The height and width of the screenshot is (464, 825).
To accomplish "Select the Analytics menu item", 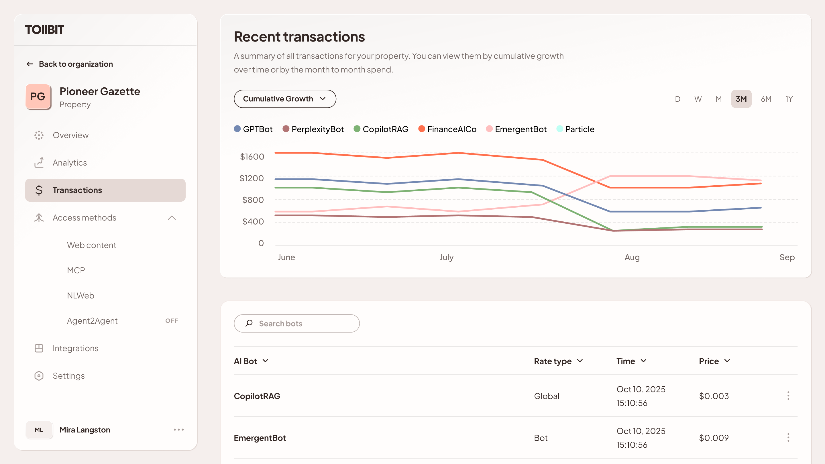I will (x=70, y=163).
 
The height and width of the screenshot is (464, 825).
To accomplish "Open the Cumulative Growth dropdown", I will (x=285, y=99).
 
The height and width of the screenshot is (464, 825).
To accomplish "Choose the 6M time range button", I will (x=766, y=99).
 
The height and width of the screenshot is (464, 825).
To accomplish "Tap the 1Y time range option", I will (x=789, y=99).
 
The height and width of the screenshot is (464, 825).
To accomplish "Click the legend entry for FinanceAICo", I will (x=447, y=129).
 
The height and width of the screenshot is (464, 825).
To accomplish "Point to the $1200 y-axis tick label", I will (x=252, y=178).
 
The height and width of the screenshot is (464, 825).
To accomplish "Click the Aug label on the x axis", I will (x=632, y=257).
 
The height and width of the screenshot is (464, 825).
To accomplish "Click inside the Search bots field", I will (x=301, y=323).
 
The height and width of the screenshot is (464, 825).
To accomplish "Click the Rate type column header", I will (x=558, y=361).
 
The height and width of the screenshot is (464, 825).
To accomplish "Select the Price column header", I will (x=714, y=361).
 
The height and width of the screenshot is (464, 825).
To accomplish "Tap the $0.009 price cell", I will (x=714, y=438).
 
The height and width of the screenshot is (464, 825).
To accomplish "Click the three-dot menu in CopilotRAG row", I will (x=788, y=396).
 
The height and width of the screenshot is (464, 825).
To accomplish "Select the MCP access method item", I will (x=76, y=270).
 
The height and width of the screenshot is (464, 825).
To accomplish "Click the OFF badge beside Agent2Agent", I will (x=172, y=321).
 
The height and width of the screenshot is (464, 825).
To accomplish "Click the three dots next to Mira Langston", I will (x=179, y=430).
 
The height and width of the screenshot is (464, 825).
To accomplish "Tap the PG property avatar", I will (x=38, y=97).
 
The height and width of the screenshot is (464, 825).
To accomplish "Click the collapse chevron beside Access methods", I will (x=172, y=218).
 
